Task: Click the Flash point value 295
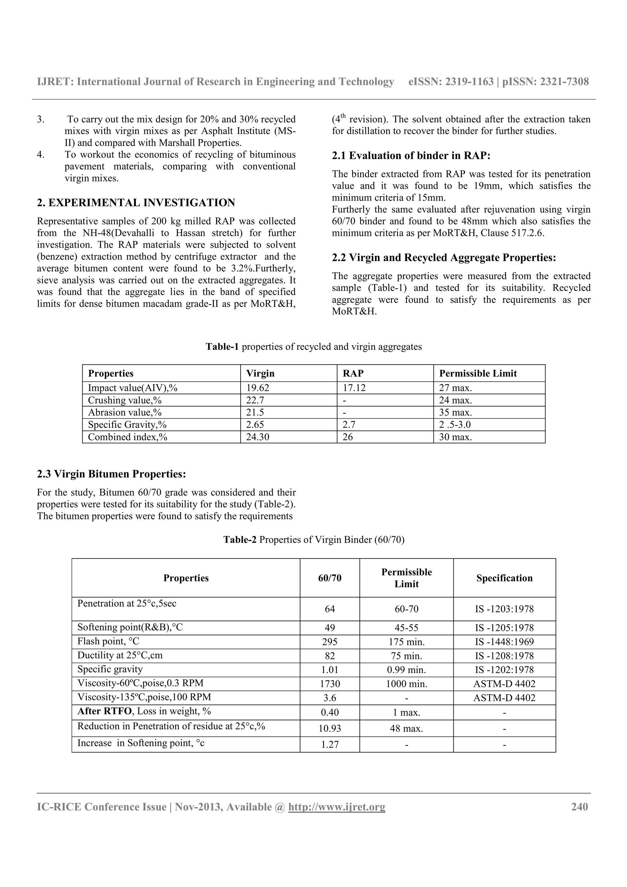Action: click(329, 642)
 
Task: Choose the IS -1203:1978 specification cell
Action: click(504, 609)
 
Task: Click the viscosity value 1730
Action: click(329, 684)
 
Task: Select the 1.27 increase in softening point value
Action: click(329, 744)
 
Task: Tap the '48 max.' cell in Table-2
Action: click(406, 728)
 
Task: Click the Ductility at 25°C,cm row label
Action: click(120, 655)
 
